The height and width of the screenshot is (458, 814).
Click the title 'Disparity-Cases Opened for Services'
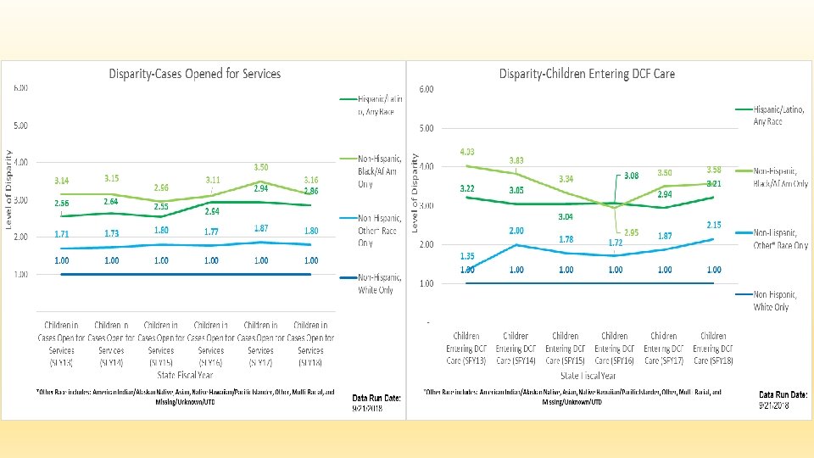[194, 74]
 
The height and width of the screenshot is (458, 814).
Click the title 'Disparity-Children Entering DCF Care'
[587, 74]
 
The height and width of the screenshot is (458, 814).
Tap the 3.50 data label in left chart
[261, 168]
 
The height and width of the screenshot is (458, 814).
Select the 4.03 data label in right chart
[467, 152]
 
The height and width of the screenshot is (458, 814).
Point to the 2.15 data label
[714, 225]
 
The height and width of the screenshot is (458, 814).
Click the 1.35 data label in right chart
[467, 256]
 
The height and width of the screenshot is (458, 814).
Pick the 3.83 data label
[516, 160]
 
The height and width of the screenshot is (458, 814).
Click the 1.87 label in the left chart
[261, 228]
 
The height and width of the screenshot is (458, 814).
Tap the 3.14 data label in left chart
[62, 181]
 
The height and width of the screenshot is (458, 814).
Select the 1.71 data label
[62, 232]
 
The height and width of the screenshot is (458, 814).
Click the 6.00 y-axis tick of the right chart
[427, 89]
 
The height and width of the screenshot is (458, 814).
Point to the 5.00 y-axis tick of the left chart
[20, 126]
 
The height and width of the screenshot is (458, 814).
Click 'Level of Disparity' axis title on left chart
[9, 189]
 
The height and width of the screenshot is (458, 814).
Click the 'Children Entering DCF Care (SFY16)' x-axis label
[615, 349]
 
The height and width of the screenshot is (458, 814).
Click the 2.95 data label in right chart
[630, 232]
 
